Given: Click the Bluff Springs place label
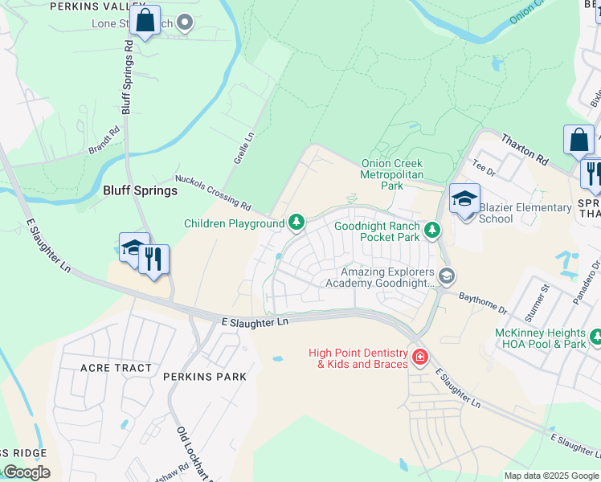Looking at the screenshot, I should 140,190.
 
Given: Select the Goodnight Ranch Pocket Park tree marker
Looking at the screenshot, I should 432,231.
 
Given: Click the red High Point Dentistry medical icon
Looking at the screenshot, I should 419,357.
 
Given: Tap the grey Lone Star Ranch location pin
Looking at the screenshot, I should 185,22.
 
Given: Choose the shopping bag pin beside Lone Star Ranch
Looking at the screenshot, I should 145,21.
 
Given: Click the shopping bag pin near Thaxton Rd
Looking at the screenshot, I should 579,141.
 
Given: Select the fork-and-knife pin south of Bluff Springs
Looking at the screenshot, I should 153,259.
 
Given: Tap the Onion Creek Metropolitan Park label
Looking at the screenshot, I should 391,174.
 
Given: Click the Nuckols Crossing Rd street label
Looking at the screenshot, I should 213,194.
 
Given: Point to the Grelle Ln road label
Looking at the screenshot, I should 243,149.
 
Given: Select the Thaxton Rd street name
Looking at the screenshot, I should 523,150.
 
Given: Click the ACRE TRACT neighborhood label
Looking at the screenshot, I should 116,368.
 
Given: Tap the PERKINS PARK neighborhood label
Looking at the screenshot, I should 204,376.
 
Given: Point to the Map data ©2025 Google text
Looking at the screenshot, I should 551,476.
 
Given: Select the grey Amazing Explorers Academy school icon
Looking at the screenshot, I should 447,277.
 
